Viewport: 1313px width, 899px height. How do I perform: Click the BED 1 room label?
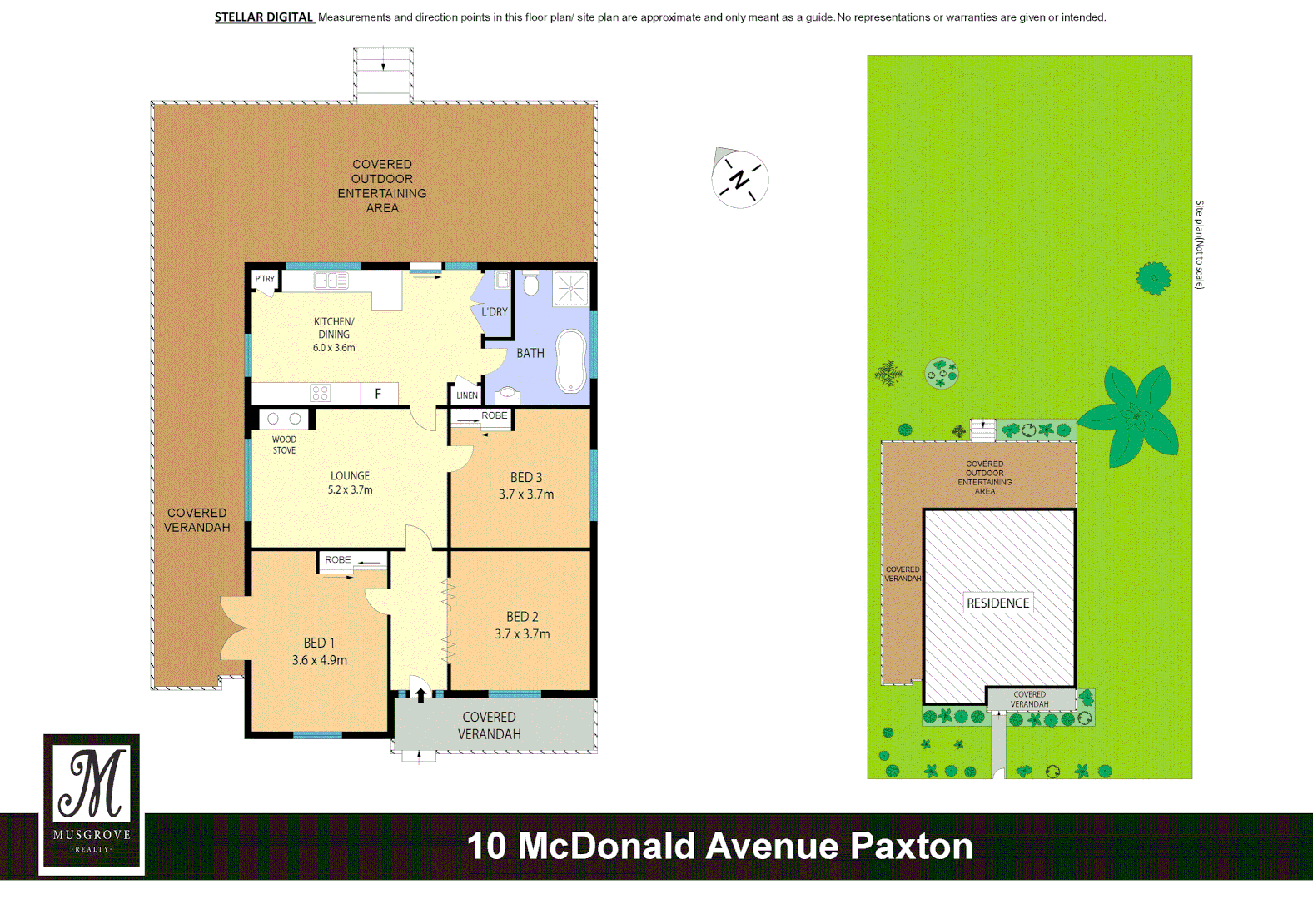pos(319,643)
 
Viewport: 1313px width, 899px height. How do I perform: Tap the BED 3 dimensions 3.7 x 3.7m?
pos(526,494)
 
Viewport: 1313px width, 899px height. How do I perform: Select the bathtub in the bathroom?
pos(571,360)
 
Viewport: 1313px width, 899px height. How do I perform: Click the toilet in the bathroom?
pos(531,283)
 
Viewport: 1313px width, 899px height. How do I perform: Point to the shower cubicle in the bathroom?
pos(571,289)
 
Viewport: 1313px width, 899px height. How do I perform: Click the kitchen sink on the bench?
pos(331,281)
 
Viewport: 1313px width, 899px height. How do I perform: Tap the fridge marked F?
pos(379,394)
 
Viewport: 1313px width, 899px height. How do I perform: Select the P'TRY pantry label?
pos(265,279)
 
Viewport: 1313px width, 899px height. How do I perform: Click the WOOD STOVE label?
pos(284,445)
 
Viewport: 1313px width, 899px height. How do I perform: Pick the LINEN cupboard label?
pos(467,395)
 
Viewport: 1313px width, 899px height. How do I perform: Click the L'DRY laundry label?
pos(495,312)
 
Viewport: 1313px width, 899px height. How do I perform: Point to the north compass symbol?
pos(739,179)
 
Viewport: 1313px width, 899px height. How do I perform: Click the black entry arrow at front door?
pos(421,694)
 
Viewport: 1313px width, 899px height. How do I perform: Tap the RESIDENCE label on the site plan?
pos(997,603)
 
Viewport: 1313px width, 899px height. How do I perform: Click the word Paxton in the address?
pos(911,846)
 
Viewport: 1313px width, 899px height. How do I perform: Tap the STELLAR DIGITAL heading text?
pos(264,17)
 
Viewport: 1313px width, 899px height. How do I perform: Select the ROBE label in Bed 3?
pos(494,415)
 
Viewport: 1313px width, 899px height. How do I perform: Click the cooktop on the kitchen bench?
pos(321,393)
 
